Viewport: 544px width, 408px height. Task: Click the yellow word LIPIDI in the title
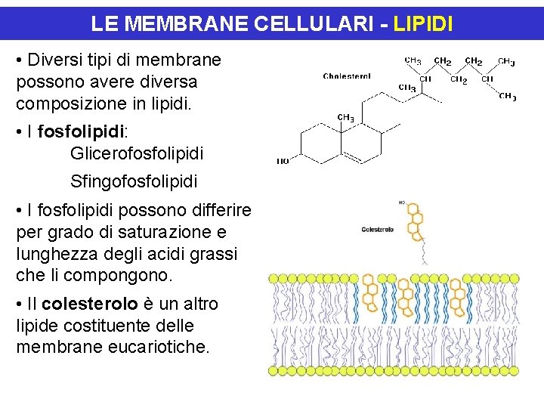point(422,24)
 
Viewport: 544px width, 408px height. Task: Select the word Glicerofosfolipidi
point(137,154)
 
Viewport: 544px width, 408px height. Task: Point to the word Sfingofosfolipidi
point(134,182)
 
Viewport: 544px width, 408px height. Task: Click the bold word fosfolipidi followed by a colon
point(79,133)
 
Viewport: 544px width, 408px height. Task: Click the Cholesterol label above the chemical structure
point(347,76)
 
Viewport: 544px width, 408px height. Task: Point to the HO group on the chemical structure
point(283,161)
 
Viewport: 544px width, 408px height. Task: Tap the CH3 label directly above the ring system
point(345,118)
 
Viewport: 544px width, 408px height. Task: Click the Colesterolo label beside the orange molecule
point(378,229)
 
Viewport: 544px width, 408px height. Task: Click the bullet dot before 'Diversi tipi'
point(19,60)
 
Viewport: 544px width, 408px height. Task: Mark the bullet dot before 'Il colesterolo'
point(19,304)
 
